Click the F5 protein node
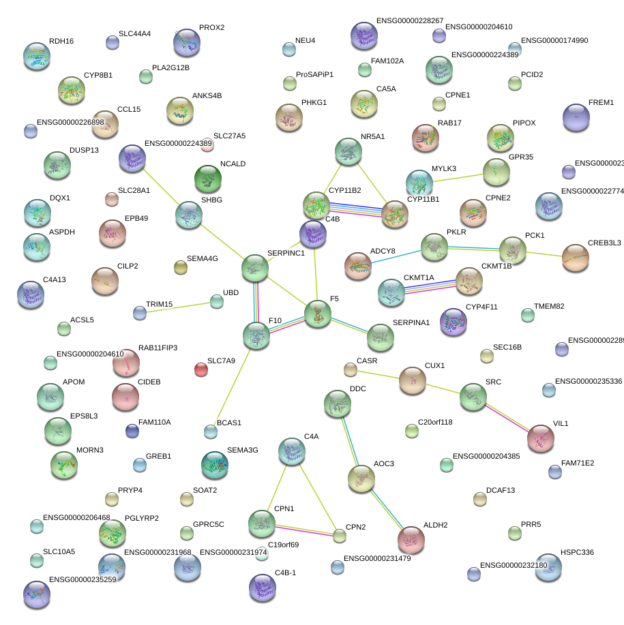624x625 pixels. (317, 314)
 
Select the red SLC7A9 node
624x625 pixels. (200, 369)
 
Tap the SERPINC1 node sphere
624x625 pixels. (255, 267)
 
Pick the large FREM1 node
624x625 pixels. (576, 118)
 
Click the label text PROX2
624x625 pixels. (211, 28)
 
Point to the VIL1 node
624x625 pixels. (541, 438)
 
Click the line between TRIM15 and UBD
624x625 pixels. (178, 307)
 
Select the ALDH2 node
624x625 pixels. (411, 539)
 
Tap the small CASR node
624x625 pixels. (350, 369)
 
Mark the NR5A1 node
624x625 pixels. (348, 151)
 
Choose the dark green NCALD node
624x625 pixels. (208, 179)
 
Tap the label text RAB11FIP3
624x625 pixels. (158, 348)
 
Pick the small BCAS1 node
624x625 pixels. (211, 431)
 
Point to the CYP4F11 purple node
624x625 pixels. (454, 321)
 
